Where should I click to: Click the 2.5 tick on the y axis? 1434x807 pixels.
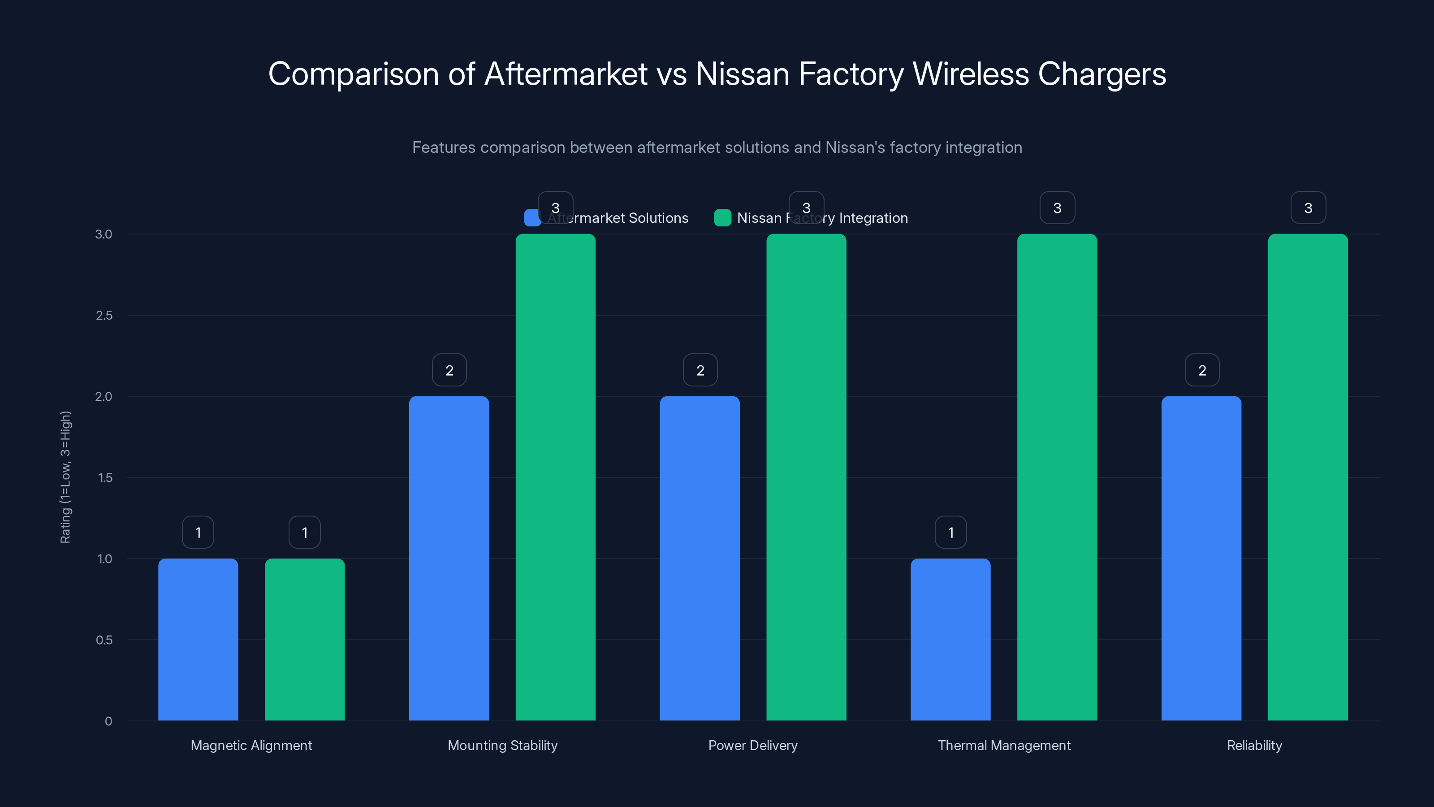104,316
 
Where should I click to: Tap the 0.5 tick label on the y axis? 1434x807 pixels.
104,640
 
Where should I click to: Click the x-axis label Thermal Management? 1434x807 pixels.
1004,745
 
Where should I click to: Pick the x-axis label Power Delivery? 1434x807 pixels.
753,745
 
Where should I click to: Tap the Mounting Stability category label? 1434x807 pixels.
502,745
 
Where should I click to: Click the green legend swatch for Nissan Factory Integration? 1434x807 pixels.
722,218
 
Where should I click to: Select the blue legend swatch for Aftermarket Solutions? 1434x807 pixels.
531,218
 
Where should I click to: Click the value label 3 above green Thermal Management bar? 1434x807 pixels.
1057,208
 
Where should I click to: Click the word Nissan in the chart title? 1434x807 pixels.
742,74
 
